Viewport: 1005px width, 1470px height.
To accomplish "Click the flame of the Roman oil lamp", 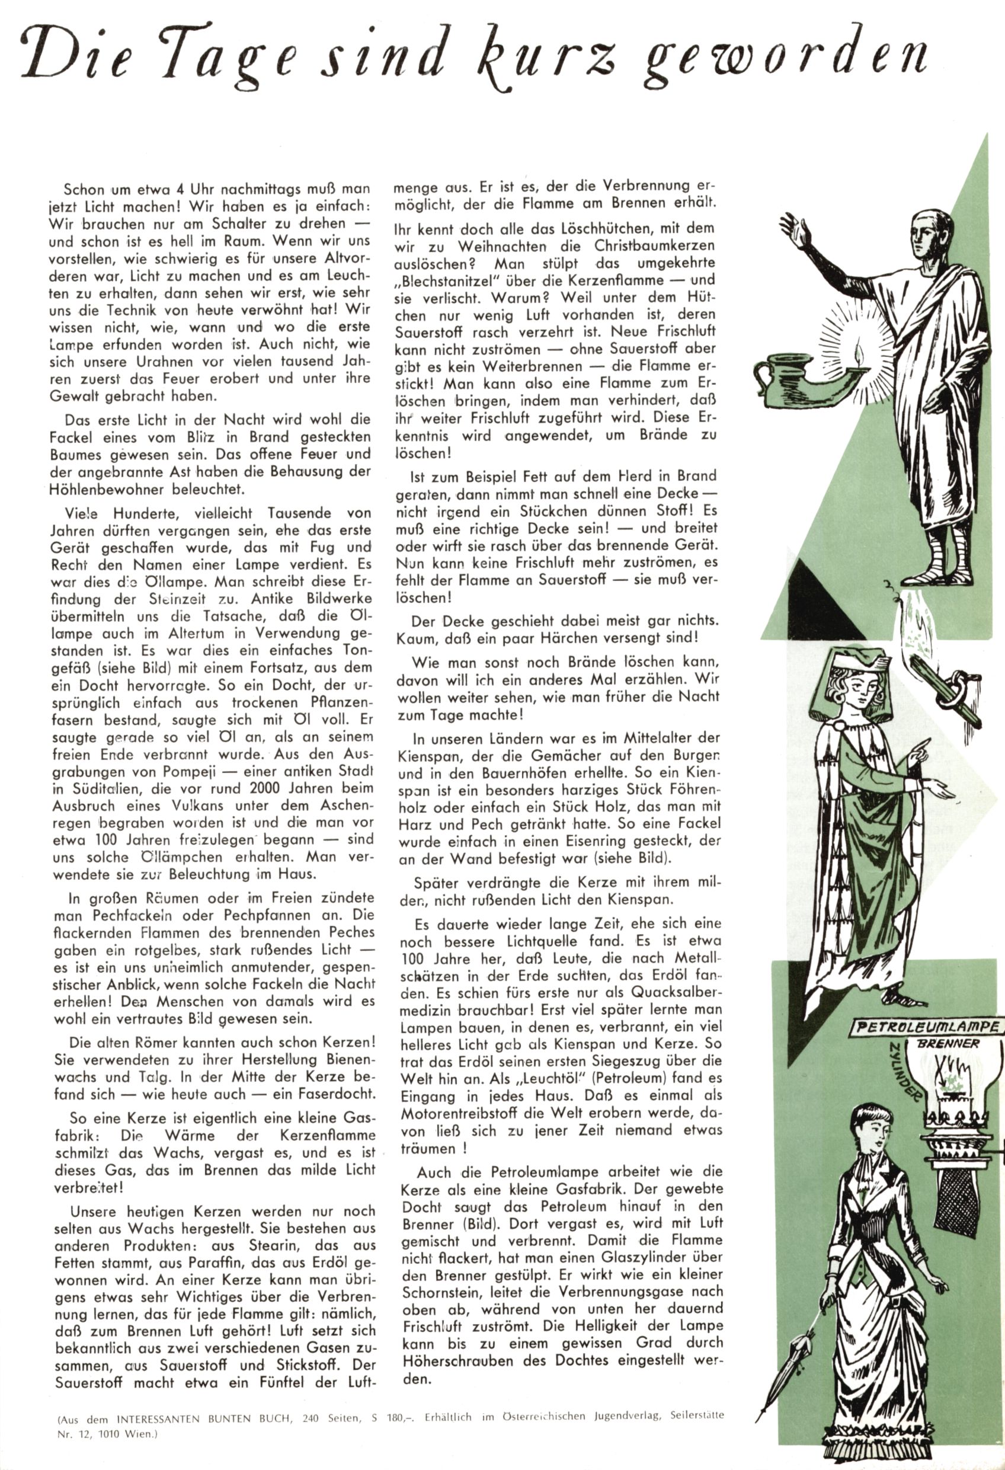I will coord(859,350).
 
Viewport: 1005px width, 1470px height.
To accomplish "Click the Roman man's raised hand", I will coord(794,227).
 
